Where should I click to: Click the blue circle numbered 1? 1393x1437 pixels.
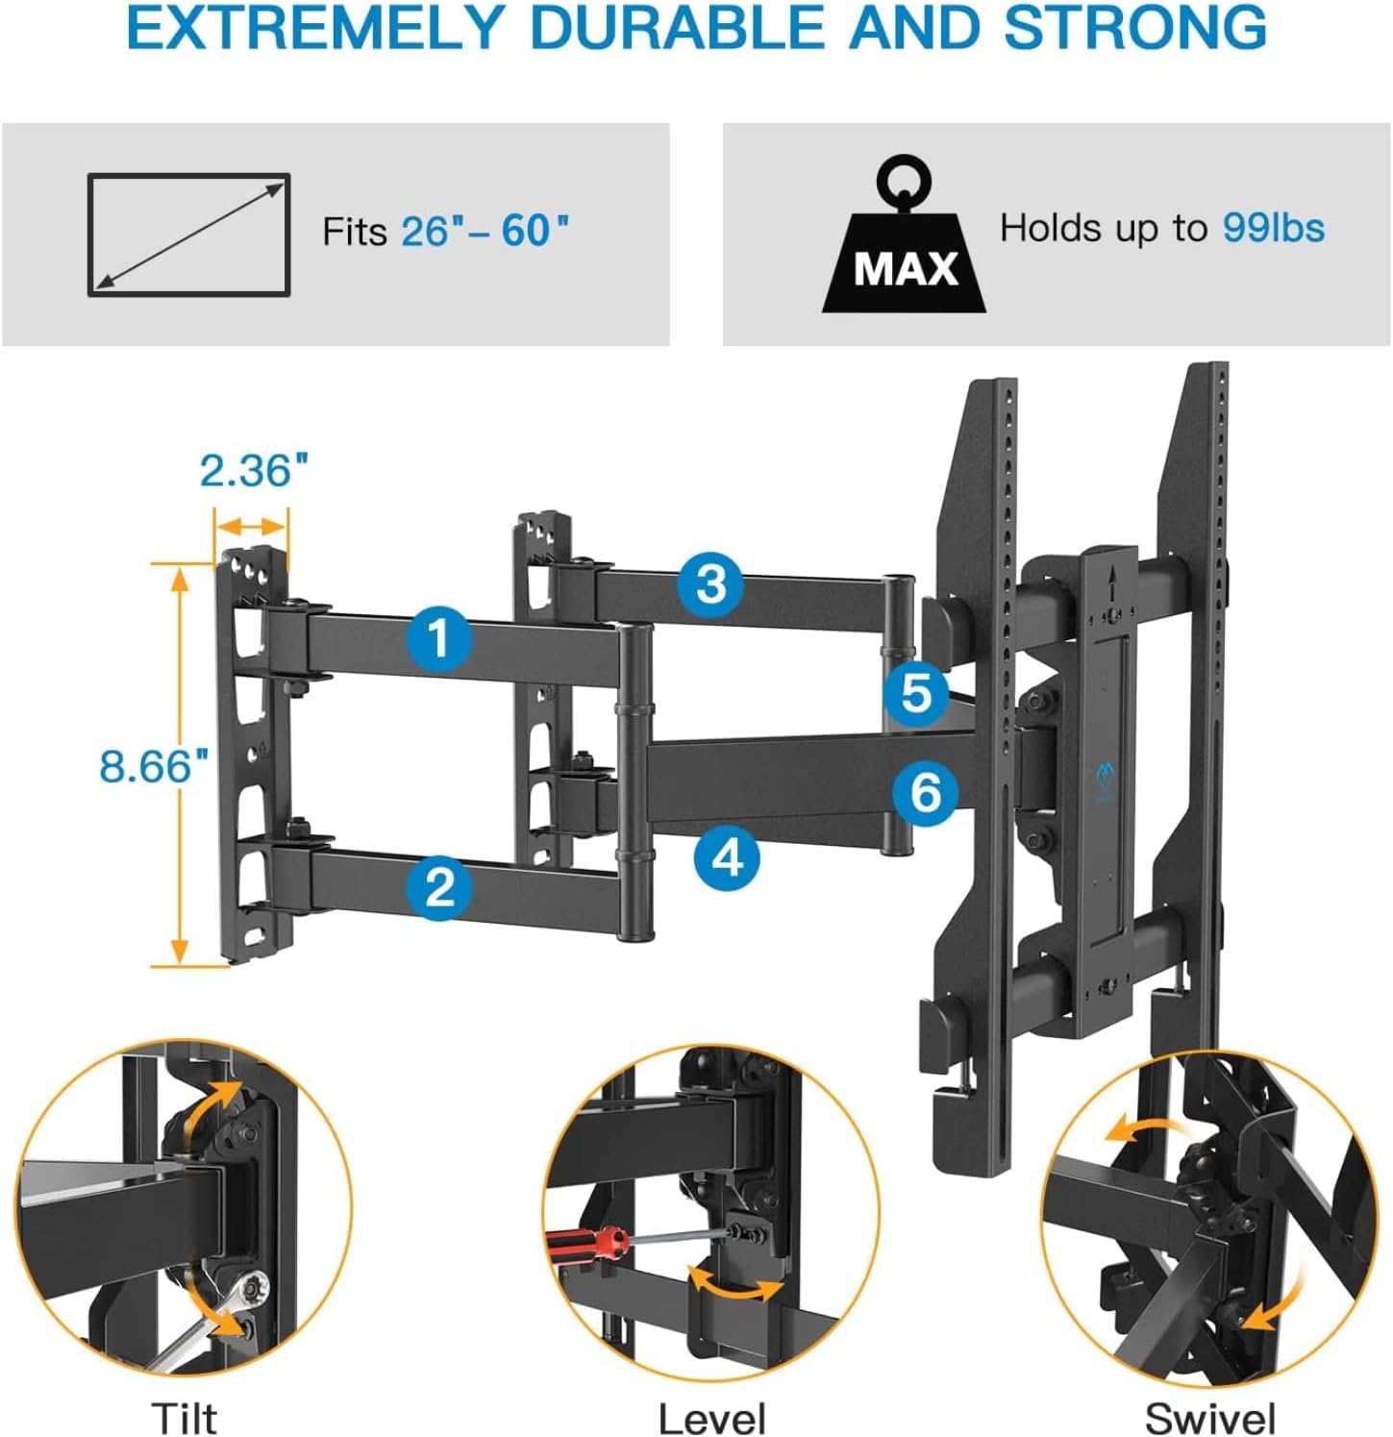pyautogui.click(x=438, y=637)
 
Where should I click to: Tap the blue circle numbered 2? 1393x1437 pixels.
pyautogui.click(x=439, y=885)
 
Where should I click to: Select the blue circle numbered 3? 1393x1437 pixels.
pyautogui.click(x=710, y=583)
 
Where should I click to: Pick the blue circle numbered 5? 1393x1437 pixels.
pyautogui.click(x=916, y=691)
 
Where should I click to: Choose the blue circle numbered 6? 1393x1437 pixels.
pyautogui.click(x=925, y=792)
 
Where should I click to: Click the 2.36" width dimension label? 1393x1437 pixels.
pyautogui.click(x=254, y=471)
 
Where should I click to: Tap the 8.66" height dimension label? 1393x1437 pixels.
pyautogui.click(x=154, y=766)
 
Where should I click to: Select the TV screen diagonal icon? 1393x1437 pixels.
pyautogui.click(x=189, y=235)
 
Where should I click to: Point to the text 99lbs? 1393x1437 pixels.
pyautogui.click(x=1273, y=229)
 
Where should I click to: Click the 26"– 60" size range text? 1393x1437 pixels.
pyautogui.click(x=485, y=232)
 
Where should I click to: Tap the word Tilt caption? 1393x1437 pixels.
pyautogui.click(x=184, y=1418)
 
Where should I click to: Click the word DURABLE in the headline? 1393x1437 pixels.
pyautogui.click(x=677, y=29)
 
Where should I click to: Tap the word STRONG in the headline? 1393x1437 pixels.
pyautogui.click(x=1134, y=29)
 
